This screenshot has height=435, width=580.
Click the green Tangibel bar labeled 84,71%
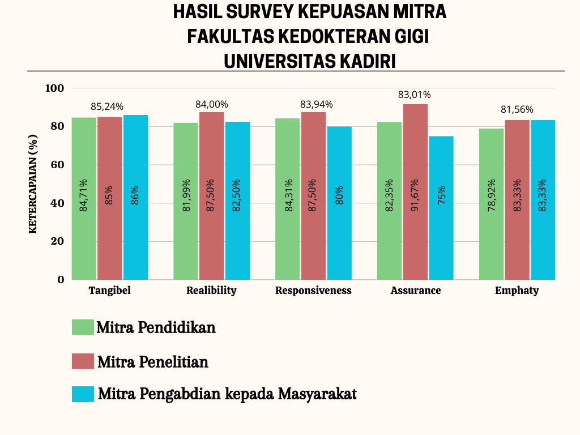point(84,199)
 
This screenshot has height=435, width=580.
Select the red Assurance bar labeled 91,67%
point(415,192)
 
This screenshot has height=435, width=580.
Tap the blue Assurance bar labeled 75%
point(441,208)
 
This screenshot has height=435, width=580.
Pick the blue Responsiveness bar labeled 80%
point(339,203)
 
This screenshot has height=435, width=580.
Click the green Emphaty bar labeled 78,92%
point(491,204)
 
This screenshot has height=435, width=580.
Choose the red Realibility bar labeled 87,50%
point(212,196)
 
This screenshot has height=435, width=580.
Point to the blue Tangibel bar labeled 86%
point(136,197)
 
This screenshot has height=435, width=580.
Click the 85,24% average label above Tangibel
point(107,107)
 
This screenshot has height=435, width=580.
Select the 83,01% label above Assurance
point(414,95)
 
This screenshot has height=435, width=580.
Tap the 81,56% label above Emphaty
point(517,109)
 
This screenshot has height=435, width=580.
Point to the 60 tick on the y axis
point(57,165)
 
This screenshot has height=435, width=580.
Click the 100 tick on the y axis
point(54,88)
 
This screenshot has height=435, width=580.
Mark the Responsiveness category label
point(313,291)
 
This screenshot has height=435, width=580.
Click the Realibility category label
point(211,291)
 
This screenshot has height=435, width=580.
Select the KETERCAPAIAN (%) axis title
point(33,184)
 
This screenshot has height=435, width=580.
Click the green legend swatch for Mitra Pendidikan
point(83,327)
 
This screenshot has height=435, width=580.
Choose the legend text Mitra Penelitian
point(153,362)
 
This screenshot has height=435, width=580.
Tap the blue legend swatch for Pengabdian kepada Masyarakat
point(83,394)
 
